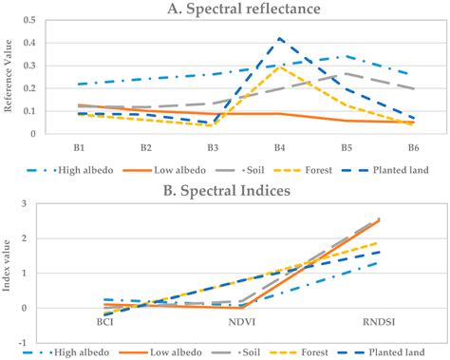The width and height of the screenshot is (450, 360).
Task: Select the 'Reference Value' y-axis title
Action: click(10, 76)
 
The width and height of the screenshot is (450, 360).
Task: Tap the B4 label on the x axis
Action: click(280, 148)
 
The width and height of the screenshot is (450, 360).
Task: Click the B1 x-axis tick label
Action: click(81, 148)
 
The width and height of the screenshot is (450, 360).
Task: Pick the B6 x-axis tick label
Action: click(413, 148)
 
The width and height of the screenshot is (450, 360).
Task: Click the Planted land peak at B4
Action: click(280, 39)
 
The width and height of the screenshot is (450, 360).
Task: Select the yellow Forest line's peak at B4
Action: click(280, 66)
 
